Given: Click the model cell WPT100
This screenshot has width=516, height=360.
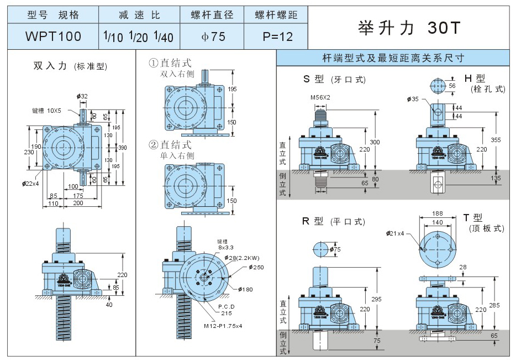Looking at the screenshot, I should [53, 36].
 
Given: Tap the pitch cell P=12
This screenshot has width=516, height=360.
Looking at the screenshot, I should [277, 36].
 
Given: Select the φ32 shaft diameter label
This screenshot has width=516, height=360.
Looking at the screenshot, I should [83, 96].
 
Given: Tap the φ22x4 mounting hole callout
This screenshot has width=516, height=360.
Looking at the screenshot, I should [32, 183].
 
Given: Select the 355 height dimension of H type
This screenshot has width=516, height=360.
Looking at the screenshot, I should [496, 140].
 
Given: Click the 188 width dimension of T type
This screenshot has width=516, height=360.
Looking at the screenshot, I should [437, 213].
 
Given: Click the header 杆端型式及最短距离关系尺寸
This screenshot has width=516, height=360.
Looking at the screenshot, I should [396, 58].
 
